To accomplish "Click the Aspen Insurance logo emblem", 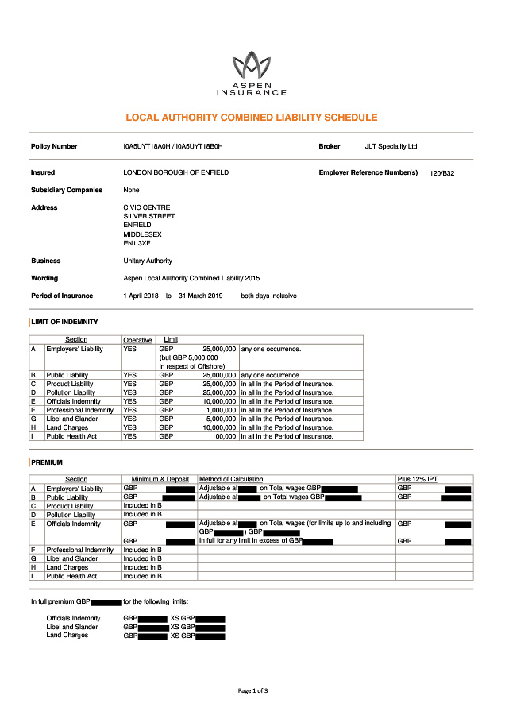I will click(x=252, y=64).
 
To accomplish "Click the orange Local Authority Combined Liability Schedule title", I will click(x=252, y=118).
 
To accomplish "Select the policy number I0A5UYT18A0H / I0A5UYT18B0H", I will click(x=173, y=147).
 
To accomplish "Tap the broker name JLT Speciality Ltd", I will click(x=391, y=147).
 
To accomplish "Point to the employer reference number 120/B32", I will click(x=441, y=173).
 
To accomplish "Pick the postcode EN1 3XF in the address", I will click(x=137, y=243).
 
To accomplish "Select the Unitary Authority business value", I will click(x=148, y=261).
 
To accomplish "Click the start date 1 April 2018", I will click(x=141, y=296).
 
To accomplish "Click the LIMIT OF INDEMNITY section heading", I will click(x=64, y=322).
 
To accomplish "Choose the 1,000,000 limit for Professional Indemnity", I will click(x=220, y=410).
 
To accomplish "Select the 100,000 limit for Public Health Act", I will click(x=223, y=436).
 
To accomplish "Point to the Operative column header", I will click(x=137, y=340).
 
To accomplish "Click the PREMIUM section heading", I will click(x=47, y=462).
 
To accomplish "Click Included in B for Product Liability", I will click(x=143, y=506).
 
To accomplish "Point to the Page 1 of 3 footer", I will click(x=252, y=691).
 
